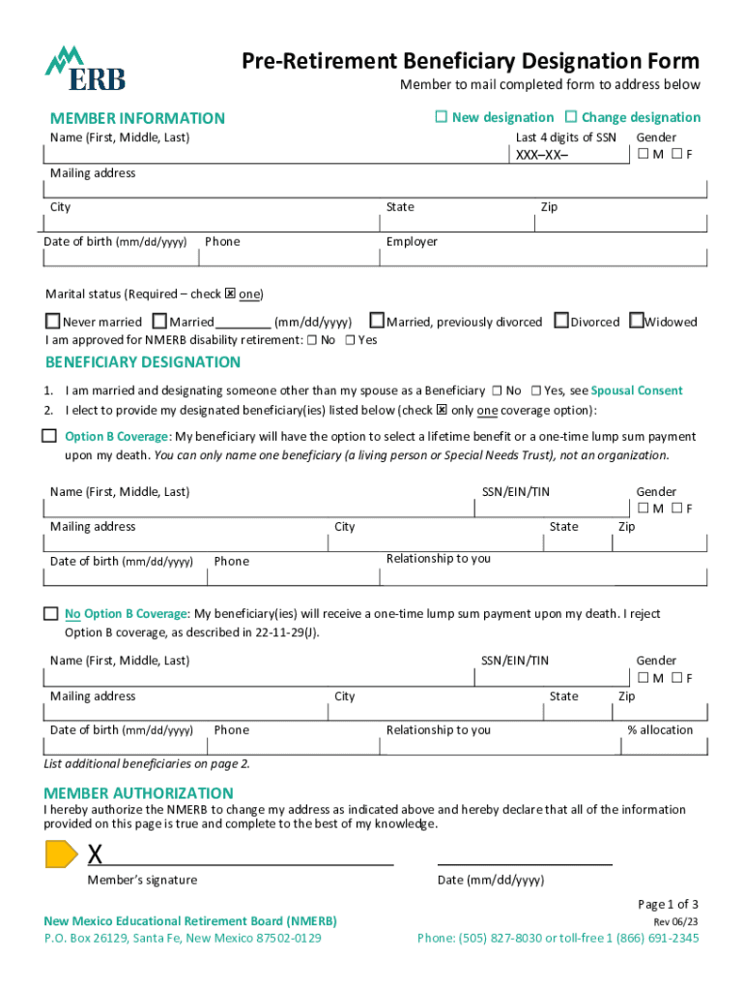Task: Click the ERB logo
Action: [x=85, y=69]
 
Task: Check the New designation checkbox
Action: [x=441, y=117]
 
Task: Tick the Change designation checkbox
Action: [x=570, y=117]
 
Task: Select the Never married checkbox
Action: [x=53, y=321]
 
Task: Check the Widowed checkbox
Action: [x=636, y=321]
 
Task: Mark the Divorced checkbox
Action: [x=561, y=321]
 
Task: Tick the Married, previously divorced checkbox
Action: [x=378, y=321]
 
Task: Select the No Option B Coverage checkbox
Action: [x=50, y=614]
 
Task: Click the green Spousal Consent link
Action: [x=637, y=391]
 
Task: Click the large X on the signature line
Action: [x=96, y=855]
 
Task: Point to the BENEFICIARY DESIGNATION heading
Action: [x=143, y=363]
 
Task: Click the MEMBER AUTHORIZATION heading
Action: [x=132, y=793]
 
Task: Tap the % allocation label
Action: [x=660, y=730]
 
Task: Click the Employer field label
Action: [x=412, y=242]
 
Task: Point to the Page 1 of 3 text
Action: [x=668, y=904]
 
